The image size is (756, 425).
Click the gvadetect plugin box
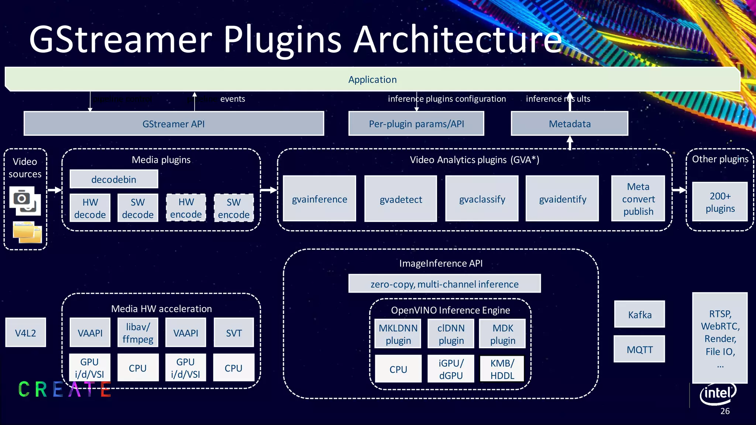click(401, 199)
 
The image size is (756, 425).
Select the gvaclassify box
click(482, 199)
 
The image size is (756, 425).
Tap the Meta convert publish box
click(638, 199)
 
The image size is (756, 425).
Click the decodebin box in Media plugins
click(114, 179)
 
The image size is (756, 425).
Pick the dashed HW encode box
click(186, 208)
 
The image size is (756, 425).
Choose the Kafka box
click(639, 314)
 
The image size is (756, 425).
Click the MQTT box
click(639, 349)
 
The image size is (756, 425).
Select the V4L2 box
click(25, 333)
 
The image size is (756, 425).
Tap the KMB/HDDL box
click(502, 369)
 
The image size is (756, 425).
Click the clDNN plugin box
click(451, 334)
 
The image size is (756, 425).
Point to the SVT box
click(234, 333)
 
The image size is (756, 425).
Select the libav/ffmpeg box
click(138, 333)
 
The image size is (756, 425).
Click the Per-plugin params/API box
click(416, 124)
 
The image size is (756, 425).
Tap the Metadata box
click(569, 124)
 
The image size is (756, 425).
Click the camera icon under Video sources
click(22, 198)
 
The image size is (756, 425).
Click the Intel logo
click(718, 393)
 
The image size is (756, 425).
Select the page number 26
click(725, 411)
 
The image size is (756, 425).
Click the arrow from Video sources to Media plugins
click(55, 190)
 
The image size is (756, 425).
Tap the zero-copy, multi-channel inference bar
click(444, 284)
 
